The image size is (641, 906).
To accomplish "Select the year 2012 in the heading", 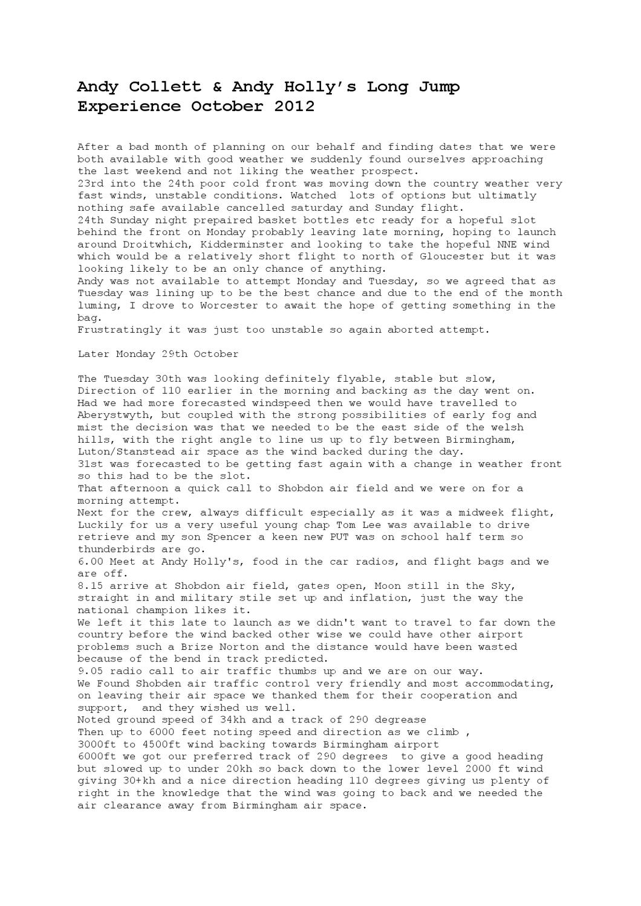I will tap(294, 107).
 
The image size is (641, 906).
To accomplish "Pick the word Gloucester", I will tap(441, 257).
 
